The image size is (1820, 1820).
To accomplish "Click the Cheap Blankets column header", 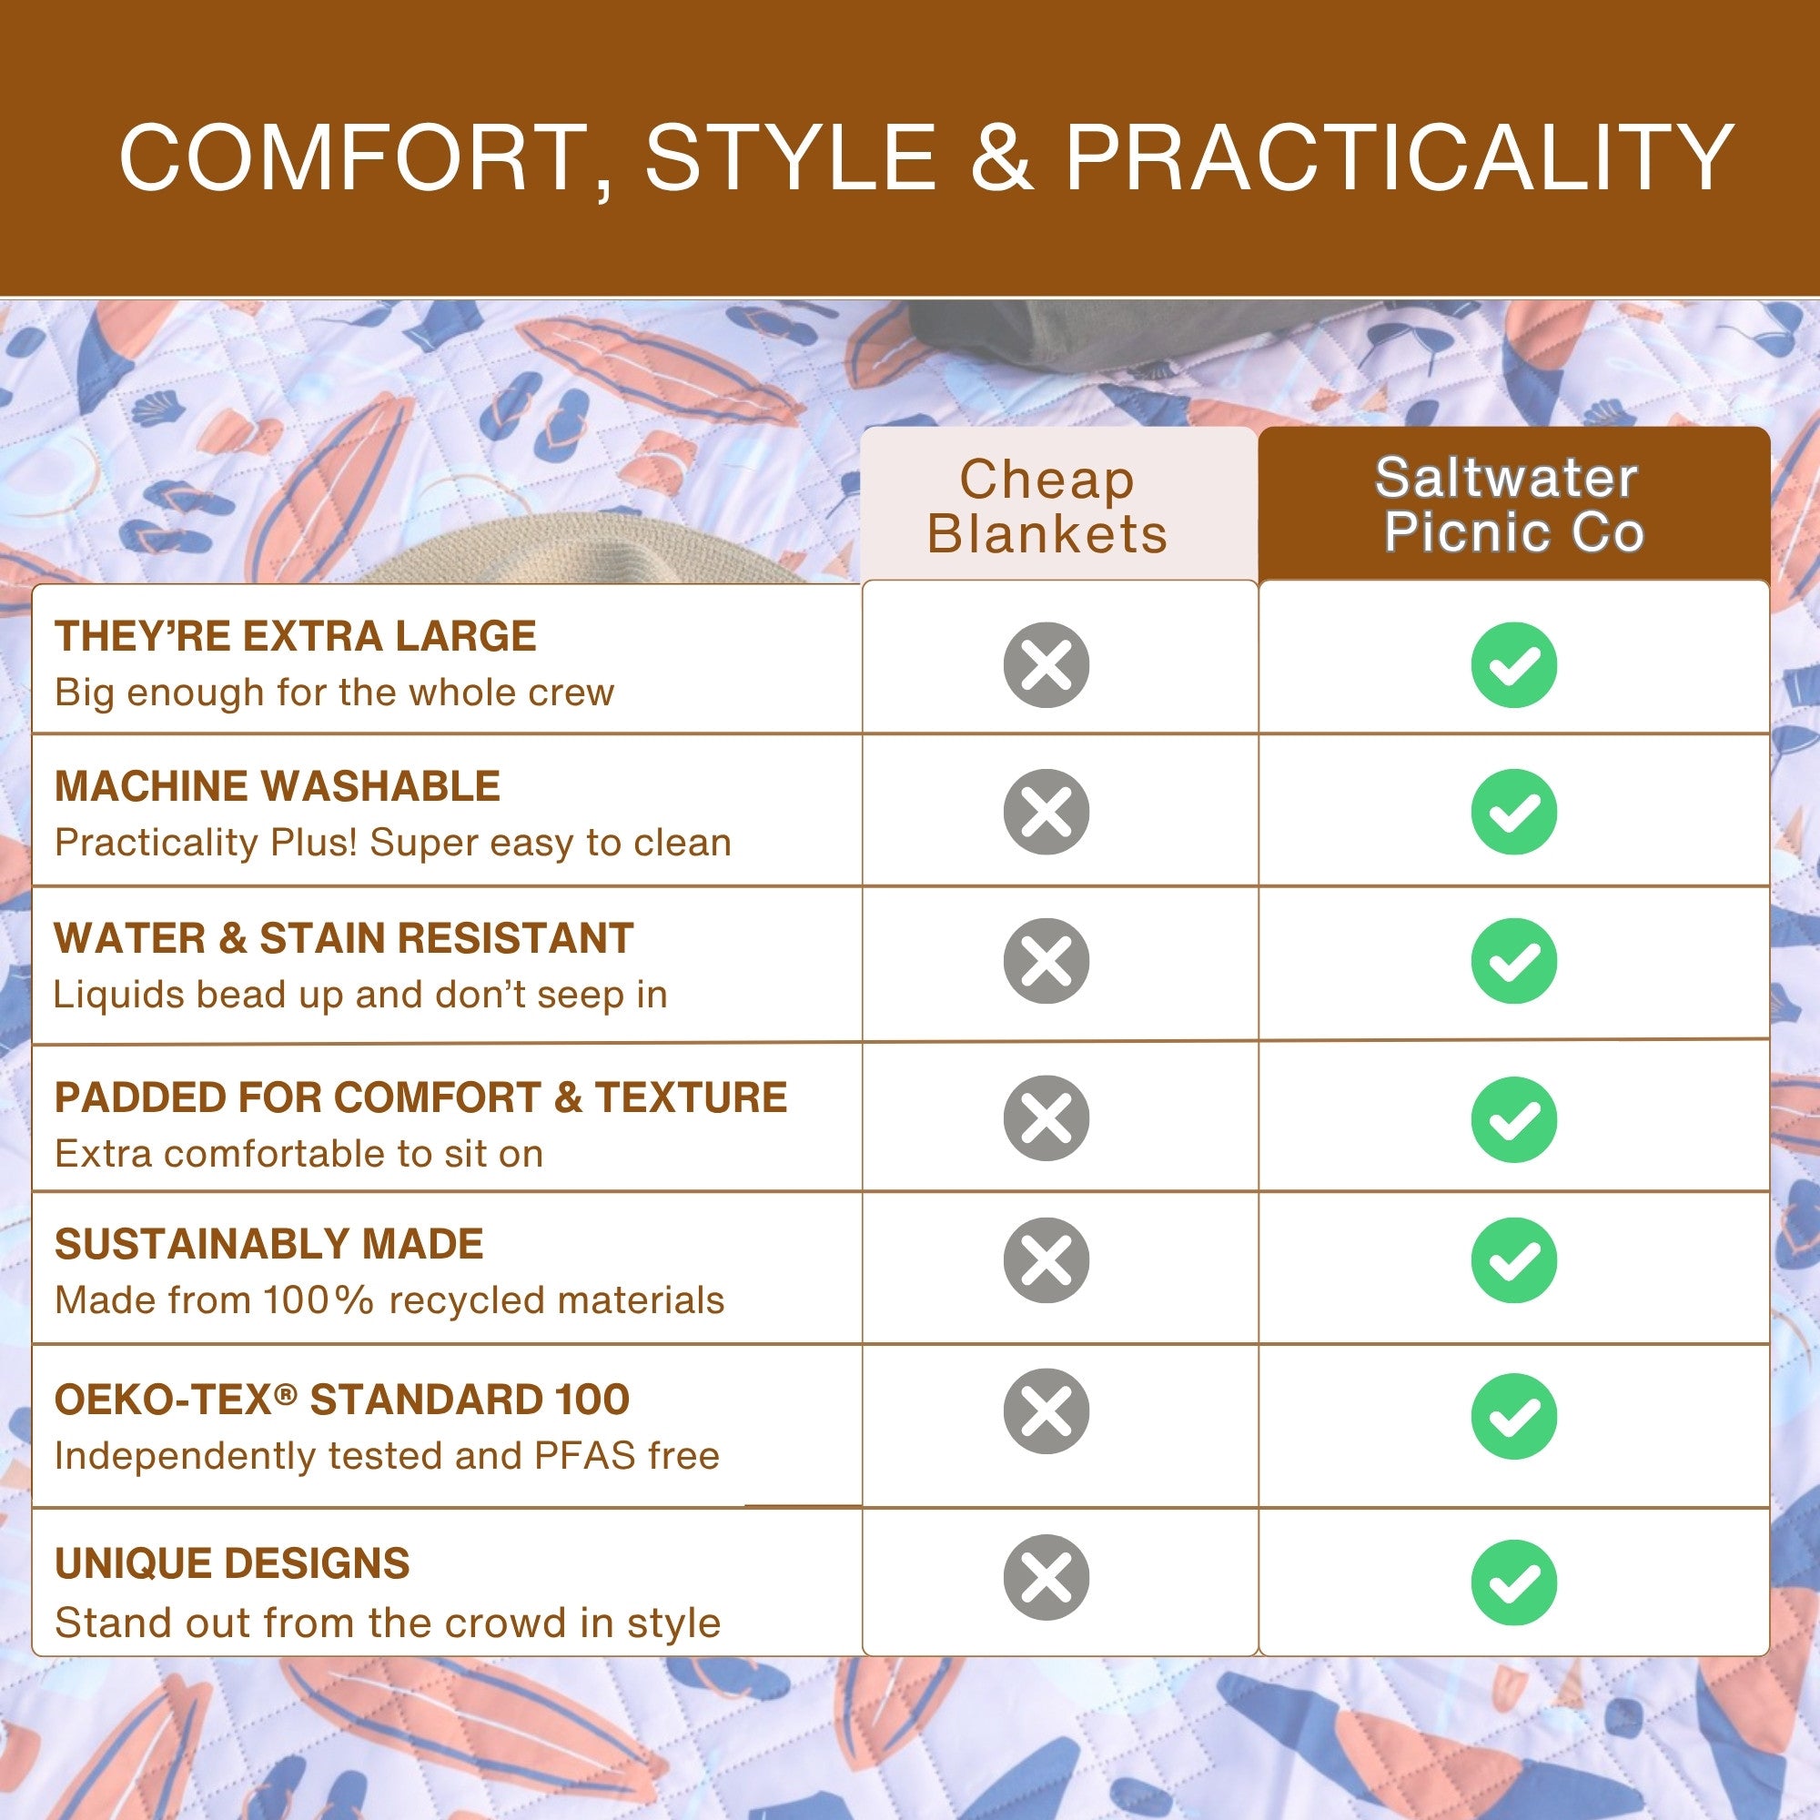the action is pyautogui.click(x=1046, y=507).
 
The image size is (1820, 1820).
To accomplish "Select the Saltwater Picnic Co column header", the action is pyautogui.click(x=1513, y=505).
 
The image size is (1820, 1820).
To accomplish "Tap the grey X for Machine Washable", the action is pyautogui.click(x=1046, y=812).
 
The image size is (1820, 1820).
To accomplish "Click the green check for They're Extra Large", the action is pyautogui.click(x=1514, y=665).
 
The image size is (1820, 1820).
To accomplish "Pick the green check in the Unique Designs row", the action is pyautogui.click(x=1514, y=1582).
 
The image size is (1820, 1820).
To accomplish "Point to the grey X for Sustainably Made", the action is pyautogui.click(x=1046, y=1260).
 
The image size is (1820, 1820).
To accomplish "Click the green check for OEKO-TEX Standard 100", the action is pyautogui.click(x=1514, y=1416).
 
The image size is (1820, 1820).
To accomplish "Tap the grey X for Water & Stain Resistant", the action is pyautogui.click(x=1046, y=961).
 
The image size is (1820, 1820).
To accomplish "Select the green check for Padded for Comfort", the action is pyautogui.click(x=1514, y=1119).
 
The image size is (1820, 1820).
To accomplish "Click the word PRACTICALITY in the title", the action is pyautogui.click(x=1399, y=157).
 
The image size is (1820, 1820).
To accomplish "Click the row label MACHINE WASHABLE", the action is pyautogui.click(x=277, y=785).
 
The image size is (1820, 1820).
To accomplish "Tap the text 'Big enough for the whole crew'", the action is pyautogui.click(x=334, y=693).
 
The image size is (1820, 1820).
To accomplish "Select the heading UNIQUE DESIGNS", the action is pyautogui.click(x=232, y=1563).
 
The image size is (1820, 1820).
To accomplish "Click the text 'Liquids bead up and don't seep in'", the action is pyautogui.click(x=360, y=994).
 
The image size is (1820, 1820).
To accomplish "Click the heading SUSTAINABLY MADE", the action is pyautogui.click(x=268, y=1244).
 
